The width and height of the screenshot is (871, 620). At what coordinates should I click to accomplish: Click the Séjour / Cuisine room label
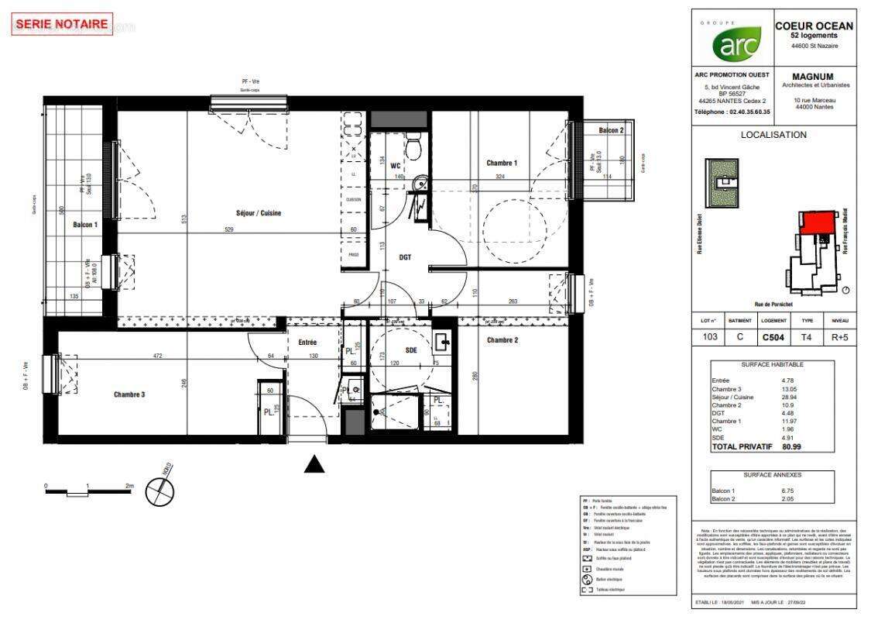click(259, 213)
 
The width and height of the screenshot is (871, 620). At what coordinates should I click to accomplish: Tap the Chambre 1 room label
click(501, 163)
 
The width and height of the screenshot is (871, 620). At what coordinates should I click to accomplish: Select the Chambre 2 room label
click(502, 340)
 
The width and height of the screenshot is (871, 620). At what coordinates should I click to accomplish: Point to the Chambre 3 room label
click(129, 394)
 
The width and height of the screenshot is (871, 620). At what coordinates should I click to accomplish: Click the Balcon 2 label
click(609, 131)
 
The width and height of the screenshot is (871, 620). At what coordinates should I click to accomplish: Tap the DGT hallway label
click(405, 257)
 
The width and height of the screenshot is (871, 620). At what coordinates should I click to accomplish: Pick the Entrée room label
click(307, 342)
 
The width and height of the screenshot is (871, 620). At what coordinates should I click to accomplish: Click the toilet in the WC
click(414, 146)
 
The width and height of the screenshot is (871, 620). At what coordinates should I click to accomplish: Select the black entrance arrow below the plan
click(314, 463)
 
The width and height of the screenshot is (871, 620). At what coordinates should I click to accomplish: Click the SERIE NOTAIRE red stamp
click(62, 24)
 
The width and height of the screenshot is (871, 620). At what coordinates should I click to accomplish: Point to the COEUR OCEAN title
click(814, 26)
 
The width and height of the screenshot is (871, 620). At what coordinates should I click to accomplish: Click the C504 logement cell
click(773, 337)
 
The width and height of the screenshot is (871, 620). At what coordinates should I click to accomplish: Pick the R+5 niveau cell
click(839, 337)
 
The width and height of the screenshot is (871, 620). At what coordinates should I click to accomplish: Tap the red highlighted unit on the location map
click(818, 223)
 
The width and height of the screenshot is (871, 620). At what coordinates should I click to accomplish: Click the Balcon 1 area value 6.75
click(788, 491)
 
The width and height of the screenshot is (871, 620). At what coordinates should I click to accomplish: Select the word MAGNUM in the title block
click(814, 77)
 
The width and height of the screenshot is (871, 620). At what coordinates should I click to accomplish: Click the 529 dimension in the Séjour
click(230, 229)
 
